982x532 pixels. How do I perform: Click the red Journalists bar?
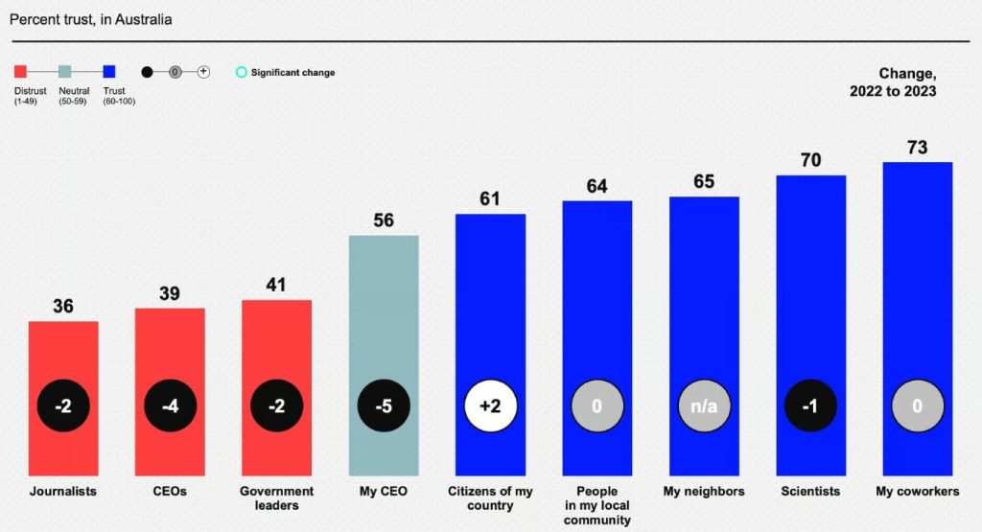(x=63, y=355)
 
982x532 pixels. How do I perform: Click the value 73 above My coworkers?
(x=918, y=148)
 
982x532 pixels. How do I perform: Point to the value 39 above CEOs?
(x=170, y=293)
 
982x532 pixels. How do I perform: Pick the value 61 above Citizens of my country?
(x=490, y=199)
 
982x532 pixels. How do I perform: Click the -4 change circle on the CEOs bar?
(x=170, y=405)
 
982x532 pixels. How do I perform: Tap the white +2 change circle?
(x=490, y=405)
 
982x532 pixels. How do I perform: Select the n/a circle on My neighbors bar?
(x=704, y=405)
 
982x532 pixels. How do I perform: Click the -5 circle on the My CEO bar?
(x=384, y=405)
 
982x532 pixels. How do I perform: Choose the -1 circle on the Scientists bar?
(x=810, y=405)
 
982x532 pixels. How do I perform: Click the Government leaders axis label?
(x=276, y=498)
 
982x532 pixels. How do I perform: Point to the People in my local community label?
(x=596, y=505)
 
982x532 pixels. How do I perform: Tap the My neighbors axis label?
(x=704, y=492)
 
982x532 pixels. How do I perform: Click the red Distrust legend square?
(x=20, y=71)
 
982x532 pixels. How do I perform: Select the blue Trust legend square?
(x=109, y=71)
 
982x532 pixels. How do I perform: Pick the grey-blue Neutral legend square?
(x=64, y=71)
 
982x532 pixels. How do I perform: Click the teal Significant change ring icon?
(x=242, y=72)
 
